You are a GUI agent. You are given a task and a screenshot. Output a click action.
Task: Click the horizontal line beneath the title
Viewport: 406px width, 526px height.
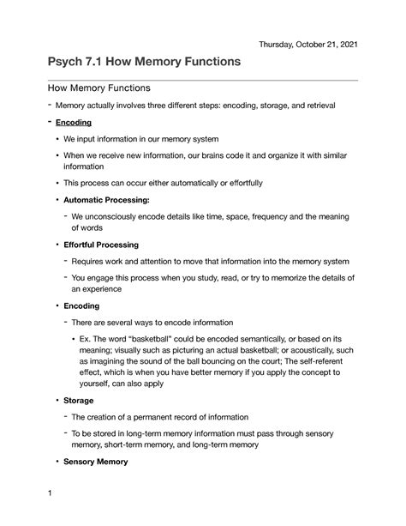pyautogui.click(x=202, y=80)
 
